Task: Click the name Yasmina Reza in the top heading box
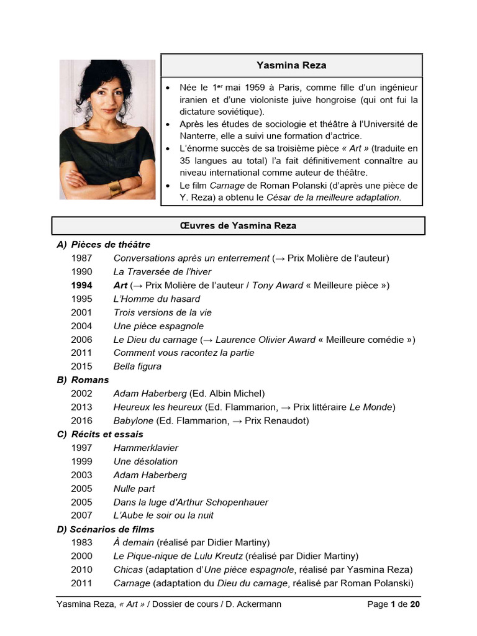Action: (291, 65)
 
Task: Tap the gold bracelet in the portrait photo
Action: (116, 188)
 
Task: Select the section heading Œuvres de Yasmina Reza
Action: (238, 225)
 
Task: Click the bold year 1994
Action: (81, 285)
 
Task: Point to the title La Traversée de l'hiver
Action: (162, 271)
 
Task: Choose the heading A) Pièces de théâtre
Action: (104, 245)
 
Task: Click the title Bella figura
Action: (137, 366)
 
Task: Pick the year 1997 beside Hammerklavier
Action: (81, 448)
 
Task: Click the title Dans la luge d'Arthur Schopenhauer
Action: (191, 502)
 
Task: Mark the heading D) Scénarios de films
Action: (106, 529)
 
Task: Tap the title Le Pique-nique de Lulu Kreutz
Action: (179, 556)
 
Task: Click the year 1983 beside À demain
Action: (81, 542)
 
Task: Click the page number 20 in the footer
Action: (416, 604)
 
